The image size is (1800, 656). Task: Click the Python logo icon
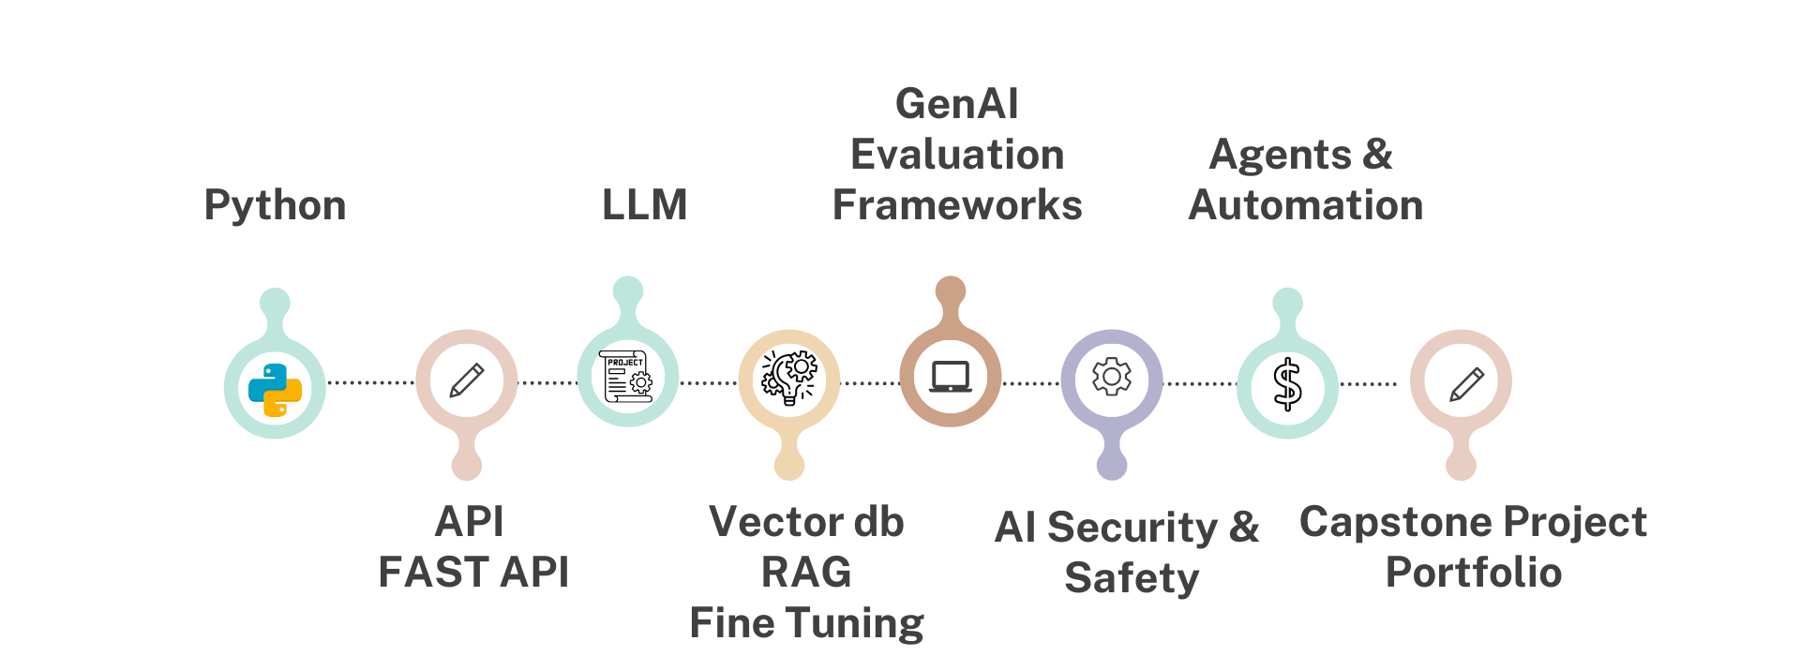[275, 389]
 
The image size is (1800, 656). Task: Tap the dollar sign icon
[1287, 385]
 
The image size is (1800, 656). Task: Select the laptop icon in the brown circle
[951, 377]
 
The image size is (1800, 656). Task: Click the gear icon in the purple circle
[1112, 377]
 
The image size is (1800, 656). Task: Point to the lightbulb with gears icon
[789, 378]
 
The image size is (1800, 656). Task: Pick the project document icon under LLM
[627, 377]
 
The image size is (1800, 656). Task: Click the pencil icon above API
[467, 380]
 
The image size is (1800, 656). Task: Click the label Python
[275, 205]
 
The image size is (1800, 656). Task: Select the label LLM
[645, 204]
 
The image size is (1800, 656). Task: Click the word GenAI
[956, 103]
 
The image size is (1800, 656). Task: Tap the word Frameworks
[956, 204]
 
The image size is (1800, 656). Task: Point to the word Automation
[1305, 204]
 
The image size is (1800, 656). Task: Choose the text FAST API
[473, 572]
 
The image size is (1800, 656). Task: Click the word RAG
[806, 572]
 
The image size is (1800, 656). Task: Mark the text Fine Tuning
[806, 623]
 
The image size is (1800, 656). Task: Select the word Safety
[1132, 577]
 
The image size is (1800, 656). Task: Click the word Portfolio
[1473, 572]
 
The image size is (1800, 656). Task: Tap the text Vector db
[806, 522]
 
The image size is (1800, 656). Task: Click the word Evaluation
[956, 155]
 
